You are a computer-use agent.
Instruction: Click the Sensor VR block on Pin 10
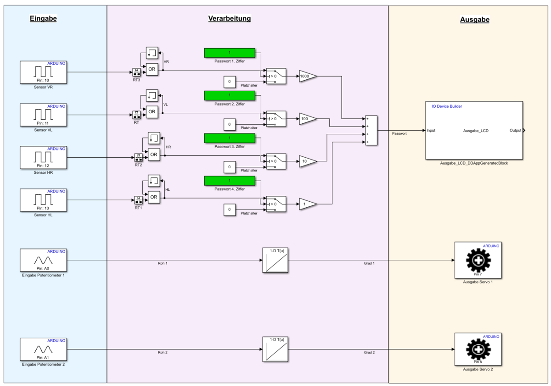click(44, 72)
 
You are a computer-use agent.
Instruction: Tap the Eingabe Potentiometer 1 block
click(44, 260)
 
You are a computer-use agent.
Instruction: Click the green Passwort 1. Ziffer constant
click(229, 53)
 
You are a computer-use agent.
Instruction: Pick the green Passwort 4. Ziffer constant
click(229, 181)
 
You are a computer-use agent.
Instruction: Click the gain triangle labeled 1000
click(307, 76)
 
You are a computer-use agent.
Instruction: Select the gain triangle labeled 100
click(307, 119)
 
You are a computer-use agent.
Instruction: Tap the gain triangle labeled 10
click(307, 161)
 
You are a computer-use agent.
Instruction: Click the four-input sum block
click(371, 130)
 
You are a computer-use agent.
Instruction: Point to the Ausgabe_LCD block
click(474, 130)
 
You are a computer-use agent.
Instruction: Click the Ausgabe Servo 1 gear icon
click(478, 260)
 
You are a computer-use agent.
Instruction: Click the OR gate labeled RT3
click(152, 70)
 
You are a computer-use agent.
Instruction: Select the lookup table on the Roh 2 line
click(275, 351)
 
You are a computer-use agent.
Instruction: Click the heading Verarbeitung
click(230, 19)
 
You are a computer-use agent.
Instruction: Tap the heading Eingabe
click(43, 19)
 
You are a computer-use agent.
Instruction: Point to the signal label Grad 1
click(369, 264)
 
